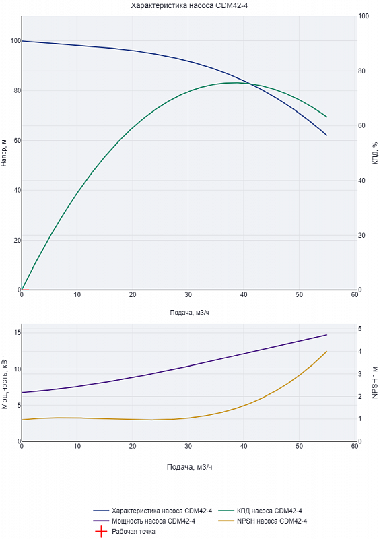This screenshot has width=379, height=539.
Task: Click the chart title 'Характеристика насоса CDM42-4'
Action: click(x=189, y=5)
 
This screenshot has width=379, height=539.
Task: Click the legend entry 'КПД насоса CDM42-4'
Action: click(x=269, y=511)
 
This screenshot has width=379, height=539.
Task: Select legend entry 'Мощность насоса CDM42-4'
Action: click(x=153, y=521)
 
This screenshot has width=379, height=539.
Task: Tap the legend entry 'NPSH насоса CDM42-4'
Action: click(x=272, y=521)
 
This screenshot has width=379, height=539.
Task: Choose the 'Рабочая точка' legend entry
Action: click(x=133, y=532)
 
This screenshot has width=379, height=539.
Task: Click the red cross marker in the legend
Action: click(x=101, y=532)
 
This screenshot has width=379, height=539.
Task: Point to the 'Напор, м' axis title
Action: click(x=4, y=153)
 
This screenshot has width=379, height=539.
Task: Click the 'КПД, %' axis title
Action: click(x=375, y=153)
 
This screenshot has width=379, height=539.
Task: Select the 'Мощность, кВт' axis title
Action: click(x=5, y=383)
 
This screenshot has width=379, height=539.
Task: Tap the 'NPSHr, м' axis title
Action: click(x=375, y=383)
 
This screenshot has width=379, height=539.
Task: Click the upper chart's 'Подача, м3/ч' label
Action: click(x=189, y=313)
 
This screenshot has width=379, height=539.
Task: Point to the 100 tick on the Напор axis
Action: click(x=15, y=41)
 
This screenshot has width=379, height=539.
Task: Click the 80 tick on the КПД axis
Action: click(x=361, y=71)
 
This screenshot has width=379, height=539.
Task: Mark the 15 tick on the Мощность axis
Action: click(x=18, y=332)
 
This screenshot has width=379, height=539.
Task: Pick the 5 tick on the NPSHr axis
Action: click(x=359, y=329)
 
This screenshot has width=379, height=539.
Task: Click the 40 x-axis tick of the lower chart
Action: click(x=244, y=446)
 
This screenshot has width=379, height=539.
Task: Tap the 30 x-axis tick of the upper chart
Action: click(x=188, y=295)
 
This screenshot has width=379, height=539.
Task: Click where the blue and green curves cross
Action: click(x=250, y=84)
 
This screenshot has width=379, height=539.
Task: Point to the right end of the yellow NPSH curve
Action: click(x=326, y=351)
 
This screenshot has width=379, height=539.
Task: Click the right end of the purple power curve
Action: click(x=326, y=334)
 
